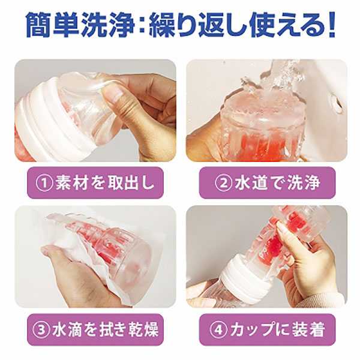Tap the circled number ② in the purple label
click(x=223, y=182)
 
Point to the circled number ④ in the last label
click(x=218, y=329)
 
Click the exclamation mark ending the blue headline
click(x=331, y=25)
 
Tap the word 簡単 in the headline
click(x=53, y=25)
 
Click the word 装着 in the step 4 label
click(x=308, y=329)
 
